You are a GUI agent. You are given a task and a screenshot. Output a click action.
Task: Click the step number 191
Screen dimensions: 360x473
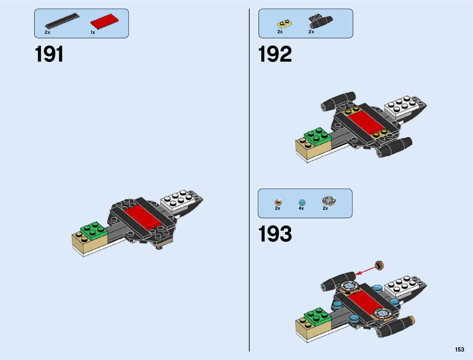pyautogui.click(x=49, y=54)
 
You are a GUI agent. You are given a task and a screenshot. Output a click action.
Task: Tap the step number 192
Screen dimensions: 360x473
pyautogui.click(x=275, y=54)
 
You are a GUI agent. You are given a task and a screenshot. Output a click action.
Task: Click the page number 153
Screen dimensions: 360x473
pyautogui.click(x=459, y=349)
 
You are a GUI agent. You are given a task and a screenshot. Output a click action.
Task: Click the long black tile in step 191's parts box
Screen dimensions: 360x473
pyautogui.click(x=62, y=21)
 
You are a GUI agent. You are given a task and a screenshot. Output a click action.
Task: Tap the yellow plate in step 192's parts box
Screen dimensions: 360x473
pyautogui.click(x=284, y=24)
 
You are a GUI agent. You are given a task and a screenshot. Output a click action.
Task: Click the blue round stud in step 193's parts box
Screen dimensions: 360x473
pyautogui.click(x=302, y=203)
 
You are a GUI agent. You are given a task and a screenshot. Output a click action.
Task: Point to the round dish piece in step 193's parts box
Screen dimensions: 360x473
pyautogui.click(x=329, y=200)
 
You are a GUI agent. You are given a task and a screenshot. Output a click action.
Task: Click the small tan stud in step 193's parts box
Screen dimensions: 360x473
pyautogui.click(x=278, y=202)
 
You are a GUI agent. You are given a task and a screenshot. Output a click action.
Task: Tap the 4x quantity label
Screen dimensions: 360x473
pyautogui.click(x=301, y=208)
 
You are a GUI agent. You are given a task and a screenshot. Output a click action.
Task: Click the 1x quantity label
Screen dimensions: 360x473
pyautogui.click(x=93, y=32)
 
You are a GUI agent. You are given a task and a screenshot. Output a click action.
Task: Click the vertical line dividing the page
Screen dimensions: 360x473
pyautogui.click(x=249, y=181)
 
